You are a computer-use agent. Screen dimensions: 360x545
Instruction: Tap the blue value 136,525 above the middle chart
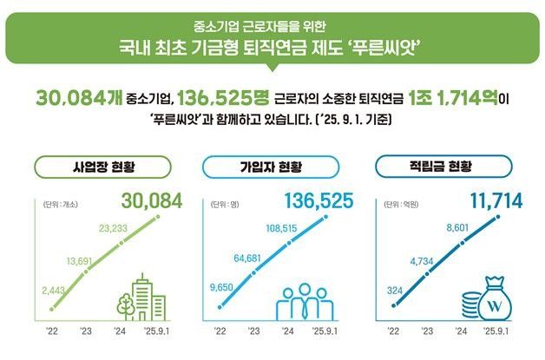(318, 202)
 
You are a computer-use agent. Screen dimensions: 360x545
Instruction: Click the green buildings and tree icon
(141, 298)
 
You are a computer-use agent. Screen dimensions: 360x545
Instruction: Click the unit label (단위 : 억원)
(402, 206)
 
